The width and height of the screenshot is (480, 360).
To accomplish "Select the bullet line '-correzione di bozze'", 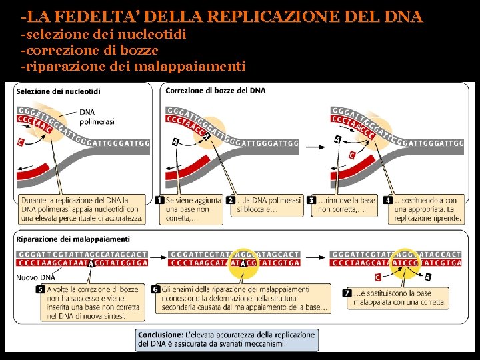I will click(x=90, y=50).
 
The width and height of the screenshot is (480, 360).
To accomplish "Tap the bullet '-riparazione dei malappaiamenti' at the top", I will click(x=133, y=66).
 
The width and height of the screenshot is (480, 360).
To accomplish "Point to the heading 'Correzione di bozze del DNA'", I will click(x=215, y=90).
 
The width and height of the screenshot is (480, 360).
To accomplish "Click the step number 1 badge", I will click(x=159, y=200).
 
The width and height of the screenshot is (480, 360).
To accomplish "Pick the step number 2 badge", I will click(x=230, y=200).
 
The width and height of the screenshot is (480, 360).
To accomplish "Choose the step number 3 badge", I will click(x=311, y=200).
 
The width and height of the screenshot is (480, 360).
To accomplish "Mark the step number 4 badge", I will click(x=388, y=200).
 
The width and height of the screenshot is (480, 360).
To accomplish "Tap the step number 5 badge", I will click(x=41, y=289).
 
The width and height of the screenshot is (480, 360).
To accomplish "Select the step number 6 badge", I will click(x=155, y=289).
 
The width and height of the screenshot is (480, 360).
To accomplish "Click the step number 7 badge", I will click(x=347, y=293).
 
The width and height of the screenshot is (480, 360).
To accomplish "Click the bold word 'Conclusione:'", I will click(x=161, y=334).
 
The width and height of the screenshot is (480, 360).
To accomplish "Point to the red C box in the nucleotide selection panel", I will click(x=21, y=141).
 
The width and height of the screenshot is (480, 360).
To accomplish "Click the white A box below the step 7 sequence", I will click(x=427, y=277).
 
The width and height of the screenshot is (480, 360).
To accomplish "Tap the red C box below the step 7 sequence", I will click(x=377, y=277).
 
